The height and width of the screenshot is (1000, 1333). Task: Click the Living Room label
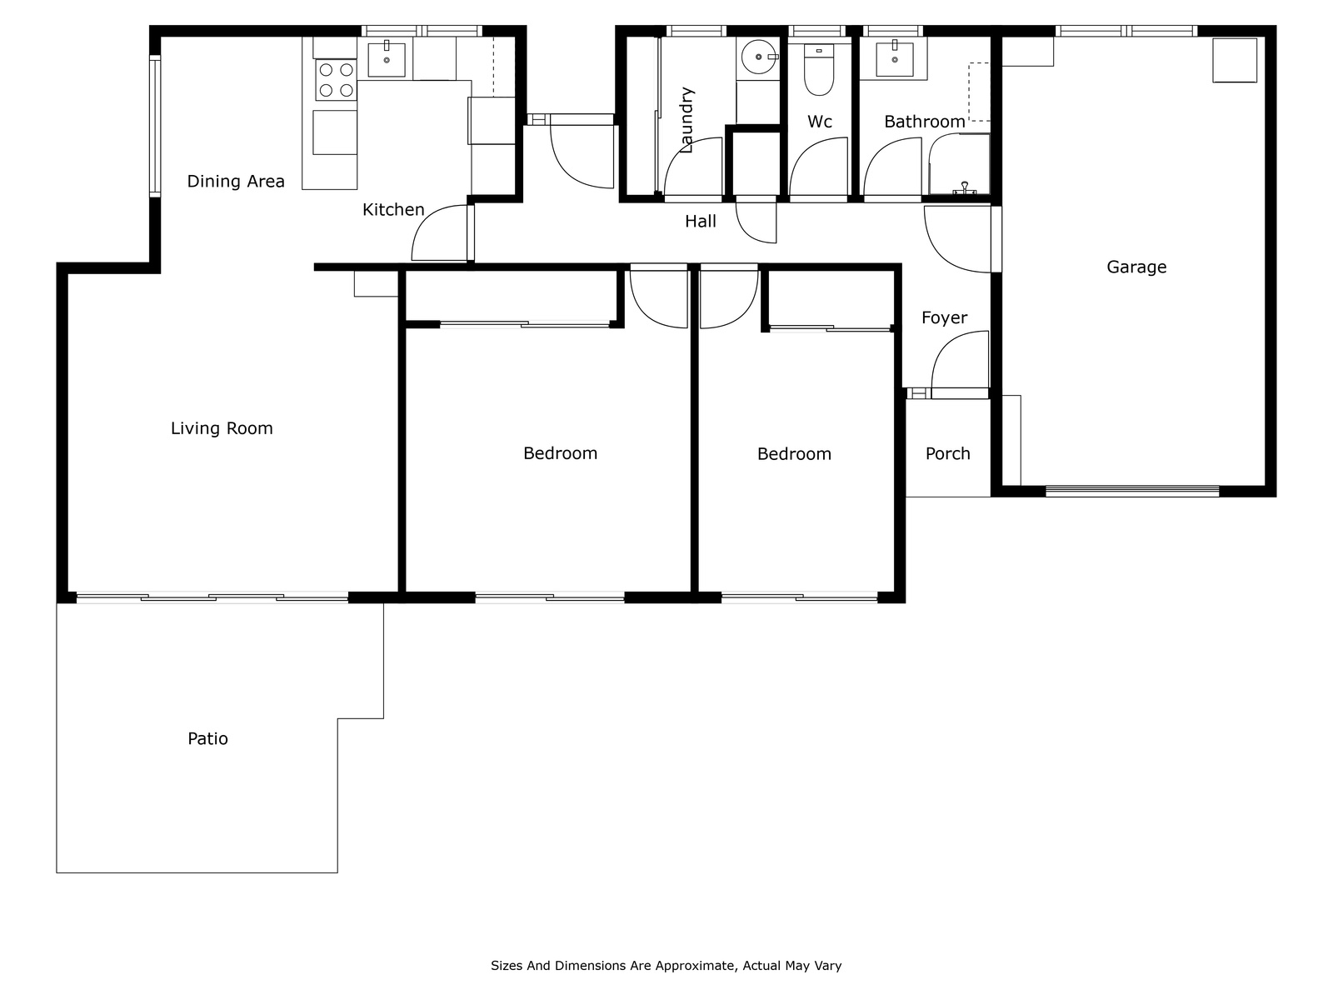click(222, 428)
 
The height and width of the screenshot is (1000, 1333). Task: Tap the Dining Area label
click(236, 182)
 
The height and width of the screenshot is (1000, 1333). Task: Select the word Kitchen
click(393, 210)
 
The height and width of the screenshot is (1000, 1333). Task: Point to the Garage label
click(1136, 267)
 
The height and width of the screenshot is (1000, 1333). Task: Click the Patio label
click(207, 739)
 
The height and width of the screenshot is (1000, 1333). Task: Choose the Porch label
click(947, 453)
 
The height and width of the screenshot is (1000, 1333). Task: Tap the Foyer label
click(944, 318)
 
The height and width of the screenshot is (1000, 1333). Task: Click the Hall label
click(700, 222)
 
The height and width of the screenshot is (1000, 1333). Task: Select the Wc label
click(819, 122)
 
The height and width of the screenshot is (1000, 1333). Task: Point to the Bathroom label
click(924, 122)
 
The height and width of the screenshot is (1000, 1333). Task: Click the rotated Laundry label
click(686, 120)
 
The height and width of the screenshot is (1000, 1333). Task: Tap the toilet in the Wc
click(819, 69)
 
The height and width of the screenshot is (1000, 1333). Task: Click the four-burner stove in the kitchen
click(336, 80)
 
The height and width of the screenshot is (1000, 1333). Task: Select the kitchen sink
click(387, 59)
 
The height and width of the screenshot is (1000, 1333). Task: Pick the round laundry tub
click(758, 57)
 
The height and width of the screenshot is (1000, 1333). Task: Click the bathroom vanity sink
click(894, 58)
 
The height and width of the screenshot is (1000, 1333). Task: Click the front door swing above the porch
click(960, 363)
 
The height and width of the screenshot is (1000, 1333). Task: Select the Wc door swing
click(818, 169)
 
